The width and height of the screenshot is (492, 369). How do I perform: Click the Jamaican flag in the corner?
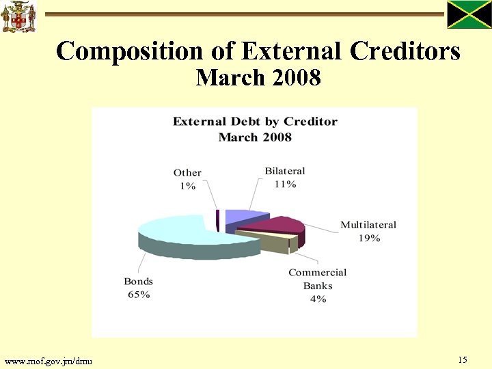tap(469, 15)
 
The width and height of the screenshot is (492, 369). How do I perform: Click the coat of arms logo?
tap(18, 17)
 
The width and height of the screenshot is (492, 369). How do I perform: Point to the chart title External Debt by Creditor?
tap(255, 122)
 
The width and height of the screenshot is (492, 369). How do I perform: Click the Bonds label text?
tap(138, 282)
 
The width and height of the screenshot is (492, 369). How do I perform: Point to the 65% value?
tap(138, 295)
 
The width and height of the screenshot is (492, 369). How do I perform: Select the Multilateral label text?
tap(368, 225)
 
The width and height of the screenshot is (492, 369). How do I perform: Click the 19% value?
tap(369, 238)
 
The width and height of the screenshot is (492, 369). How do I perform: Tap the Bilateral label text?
tap(284, 171)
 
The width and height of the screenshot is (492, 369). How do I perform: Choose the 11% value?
tap(284, 184)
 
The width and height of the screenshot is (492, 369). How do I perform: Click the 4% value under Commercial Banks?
tap(317, 299)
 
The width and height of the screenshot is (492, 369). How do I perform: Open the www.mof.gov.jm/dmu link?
tap(49, 360)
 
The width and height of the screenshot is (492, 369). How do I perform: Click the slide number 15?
tap(463, 359)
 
